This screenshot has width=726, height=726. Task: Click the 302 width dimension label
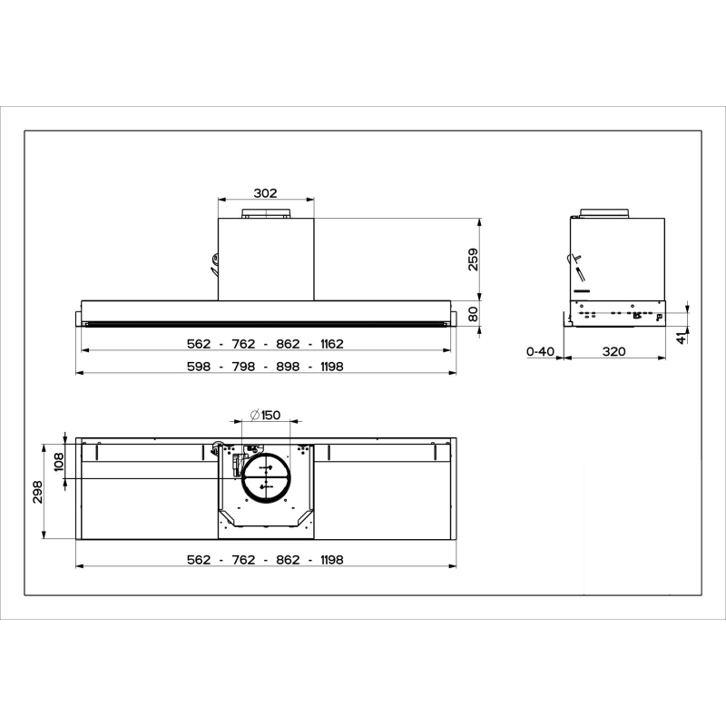tap(265, 193)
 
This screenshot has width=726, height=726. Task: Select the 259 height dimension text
tap(473, 260)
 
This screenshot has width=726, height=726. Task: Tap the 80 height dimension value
tap(473, 314)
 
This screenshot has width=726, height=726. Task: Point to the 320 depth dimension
tap(614, 351)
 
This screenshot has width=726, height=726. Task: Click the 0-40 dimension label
tap(540, 351)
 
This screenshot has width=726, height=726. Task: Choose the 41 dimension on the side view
tap(682, 338)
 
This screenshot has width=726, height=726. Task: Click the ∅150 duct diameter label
tap(265, 415)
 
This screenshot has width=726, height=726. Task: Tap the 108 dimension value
tap(59, 462)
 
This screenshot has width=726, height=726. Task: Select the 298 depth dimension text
tap(37, 492)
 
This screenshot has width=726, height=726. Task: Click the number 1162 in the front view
tap(332, 344)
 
